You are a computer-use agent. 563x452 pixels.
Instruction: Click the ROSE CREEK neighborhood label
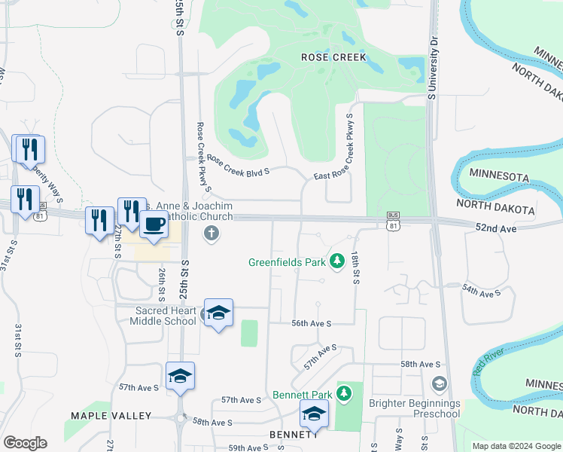click(x=333, y=56)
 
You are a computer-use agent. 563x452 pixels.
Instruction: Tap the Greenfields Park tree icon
click(x=337, y=261)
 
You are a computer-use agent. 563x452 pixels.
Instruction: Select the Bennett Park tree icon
click(x=344, y=393)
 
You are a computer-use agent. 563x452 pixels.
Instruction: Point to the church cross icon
click(x=211, y=234)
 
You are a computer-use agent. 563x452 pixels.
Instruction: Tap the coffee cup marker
click(x=154, y=224)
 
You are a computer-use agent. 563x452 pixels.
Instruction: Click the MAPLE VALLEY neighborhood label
click(x=111, y=416)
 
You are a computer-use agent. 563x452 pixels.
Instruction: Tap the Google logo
click(x=25, y=442)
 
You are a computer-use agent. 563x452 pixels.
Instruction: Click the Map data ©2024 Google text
click(x=516, y=446)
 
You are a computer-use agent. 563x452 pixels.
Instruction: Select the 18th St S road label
click(x=355, y=269)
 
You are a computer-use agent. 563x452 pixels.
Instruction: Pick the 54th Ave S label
click(x=481, y=291)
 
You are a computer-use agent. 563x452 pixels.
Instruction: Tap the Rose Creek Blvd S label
click(x=238, y=165)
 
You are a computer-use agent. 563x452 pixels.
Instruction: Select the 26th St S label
click(x=161, y=279)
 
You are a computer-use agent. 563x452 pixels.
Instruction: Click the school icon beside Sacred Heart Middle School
click(x=218, y=313)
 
